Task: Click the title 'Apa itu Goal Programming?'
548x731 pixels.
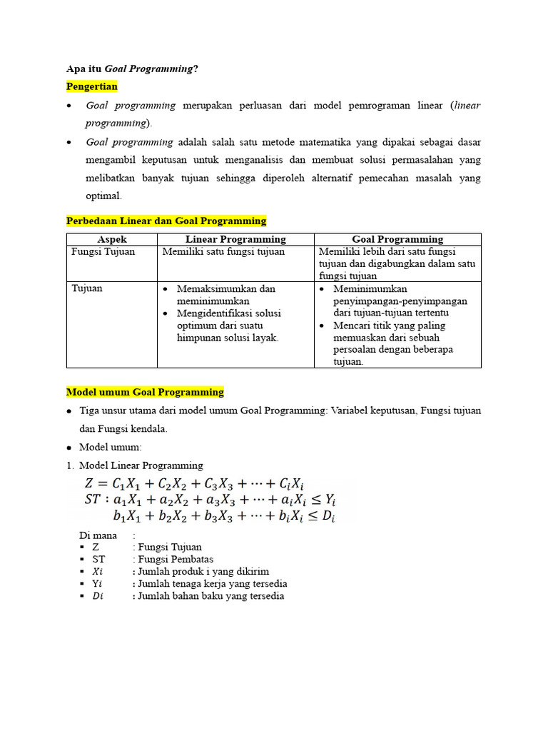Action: (x=132, y=69)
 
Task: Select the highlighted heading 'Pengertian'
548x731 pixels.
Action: (x=91, y=86)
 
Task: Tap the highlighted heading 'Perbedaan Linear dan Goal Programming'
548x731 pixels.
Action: (x=166, y=221)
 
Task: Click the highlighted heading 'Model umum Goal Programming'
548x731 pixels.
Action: (x=145, y=392)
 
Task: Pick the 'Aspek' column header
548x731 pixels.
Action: (x=112, y=239)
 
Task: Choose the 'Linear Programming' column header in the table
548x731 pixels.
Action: (x=235, y=239)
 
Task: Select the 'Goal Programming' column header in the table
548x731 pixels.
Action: (x=397, y=239)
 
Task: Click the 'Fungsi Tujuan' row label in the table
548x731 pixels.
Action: (x=103, y=251)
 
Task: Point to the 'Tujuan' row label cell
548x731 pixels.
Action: (x=87, y=288)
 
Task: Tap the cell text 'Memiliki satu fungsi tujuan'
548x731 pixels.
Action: (x=223, y=251)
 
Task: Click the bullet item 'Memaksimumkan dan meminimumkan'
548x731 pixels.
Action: (x=225, y=295)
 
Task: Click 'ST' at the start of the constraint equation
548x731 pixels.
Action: (x=93, y=498)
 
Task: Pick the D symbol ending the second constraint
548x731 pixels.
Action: (x=328, y=516)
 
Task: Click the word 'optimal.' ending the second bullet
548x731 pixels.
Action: (x=104, y=195)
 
